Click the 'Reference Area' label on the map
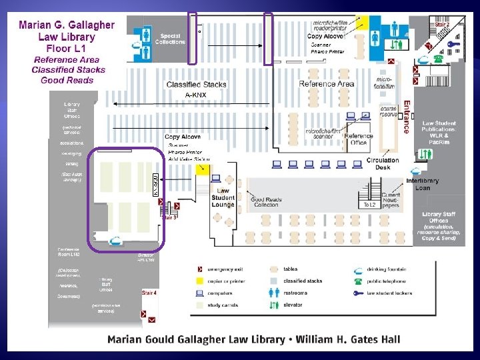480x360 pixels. pyautogui.click(x=327, y=84)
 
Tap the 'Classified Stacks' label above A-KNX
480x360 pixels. pyautogui.click(x=196, y=85)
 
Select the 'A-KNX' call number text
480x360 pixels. pyautogui.click(x=196, y=95)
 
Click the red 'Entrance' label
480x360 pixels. pyautogui.click(x=406, y=117)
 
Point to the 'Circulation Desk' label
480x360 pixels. pyautogui.click(x=383, y=164)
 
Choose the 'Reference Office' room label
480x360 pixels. pyautogui.click(x=358, y=139)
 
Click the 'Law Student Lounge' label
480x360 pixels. pyautogui.click(x=223, y=197)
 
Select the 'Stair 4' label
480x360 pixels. pyautogui.click(x=149, y=293)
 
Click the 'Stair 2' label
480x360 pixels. pyautogui.click(x=443, y=24)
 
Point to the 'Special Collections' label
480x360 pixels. pyautogui.click(x=170, y=39)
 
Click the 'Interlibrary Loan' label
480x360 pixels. pyautogui.click(x=423, y=184)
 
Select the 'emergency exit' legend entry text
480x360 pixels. pyautogui.click(x=230, y=269)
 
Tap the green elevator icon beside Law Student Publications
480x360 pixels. pyautogui.click(x=426, y=154)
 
